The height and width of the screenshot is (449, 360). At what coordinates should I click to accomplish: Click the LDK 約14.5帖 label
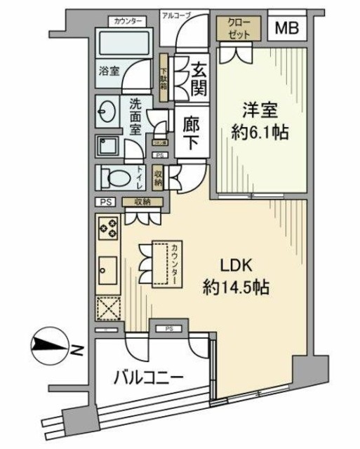[x=234, y=276]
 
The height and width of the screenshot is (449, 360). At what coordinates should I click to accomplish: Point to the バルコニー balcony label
[x=149, y=377]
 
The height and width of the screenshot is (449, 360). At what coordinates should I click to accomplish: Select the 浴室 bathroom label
[x=109, y=70]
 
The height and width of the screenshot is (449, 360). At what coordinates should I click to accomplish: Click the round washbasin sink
[x=108, y=112]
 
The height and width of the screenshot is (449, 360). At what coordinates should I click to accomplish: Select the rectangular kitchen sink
[x=108, y=267]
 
